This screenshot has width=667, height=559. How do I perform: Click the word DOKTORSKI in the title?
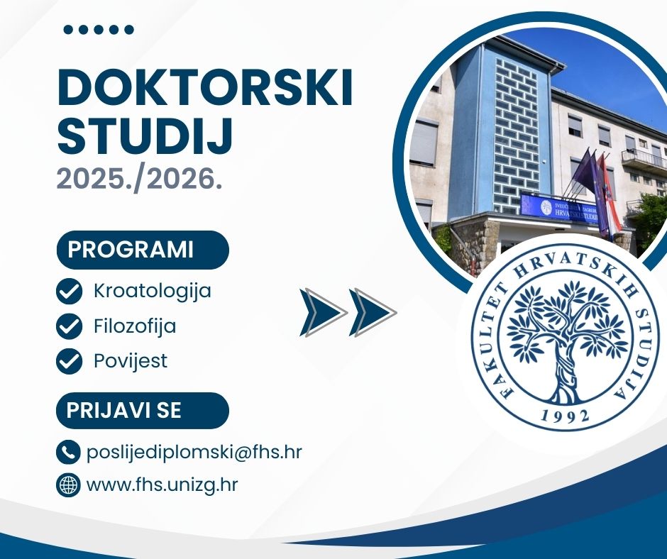pyautogui.click(x=204, y=89)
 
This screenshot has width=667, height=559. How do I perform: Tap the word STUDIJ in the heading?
pyautogui.click(x=145, y=138)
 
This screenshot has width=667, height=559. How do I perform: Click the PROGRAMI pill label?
pyautogui.click(x=131, y=250)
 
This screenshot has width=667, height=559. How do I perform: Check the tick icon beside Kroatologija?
pyautogui.click(x=69, y=291)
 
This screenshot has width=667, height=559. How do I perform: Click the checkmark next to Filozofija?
pyautogui.click(x=69, y=326)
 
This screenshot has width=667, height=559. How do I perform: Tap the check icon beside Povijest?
pyautogui.click(x=69, y=361)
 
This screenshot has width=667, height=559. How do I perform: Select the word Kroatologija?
pyautogui.click(x=152, y=291)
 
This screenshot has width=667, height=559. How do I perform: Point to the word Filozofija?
pyautogui.click(x=135, y=326)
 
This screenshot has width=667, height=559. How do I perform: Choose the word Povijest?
pyautogui.click(x=131, y=361)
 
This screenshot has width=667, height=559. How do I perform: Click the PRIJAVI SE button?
pyautogui.click(x=124, y=411)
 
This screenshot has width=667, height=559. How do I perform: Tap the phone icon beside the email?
pyautogui.click(x=68, y=452)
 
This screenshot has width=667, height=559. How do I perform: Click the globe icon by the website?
pyautogui.click(x=68, y=485)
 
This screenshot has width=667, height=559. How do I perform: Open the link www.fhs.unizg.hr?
pyautogui.click(x=162, y=485)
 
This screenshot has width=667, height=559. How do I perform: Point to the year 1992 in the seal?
pyautogui.click(x=565, y=415)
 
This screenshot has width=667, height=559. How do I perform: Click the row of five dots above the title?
pyautogui.click(x=99, y=30)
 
